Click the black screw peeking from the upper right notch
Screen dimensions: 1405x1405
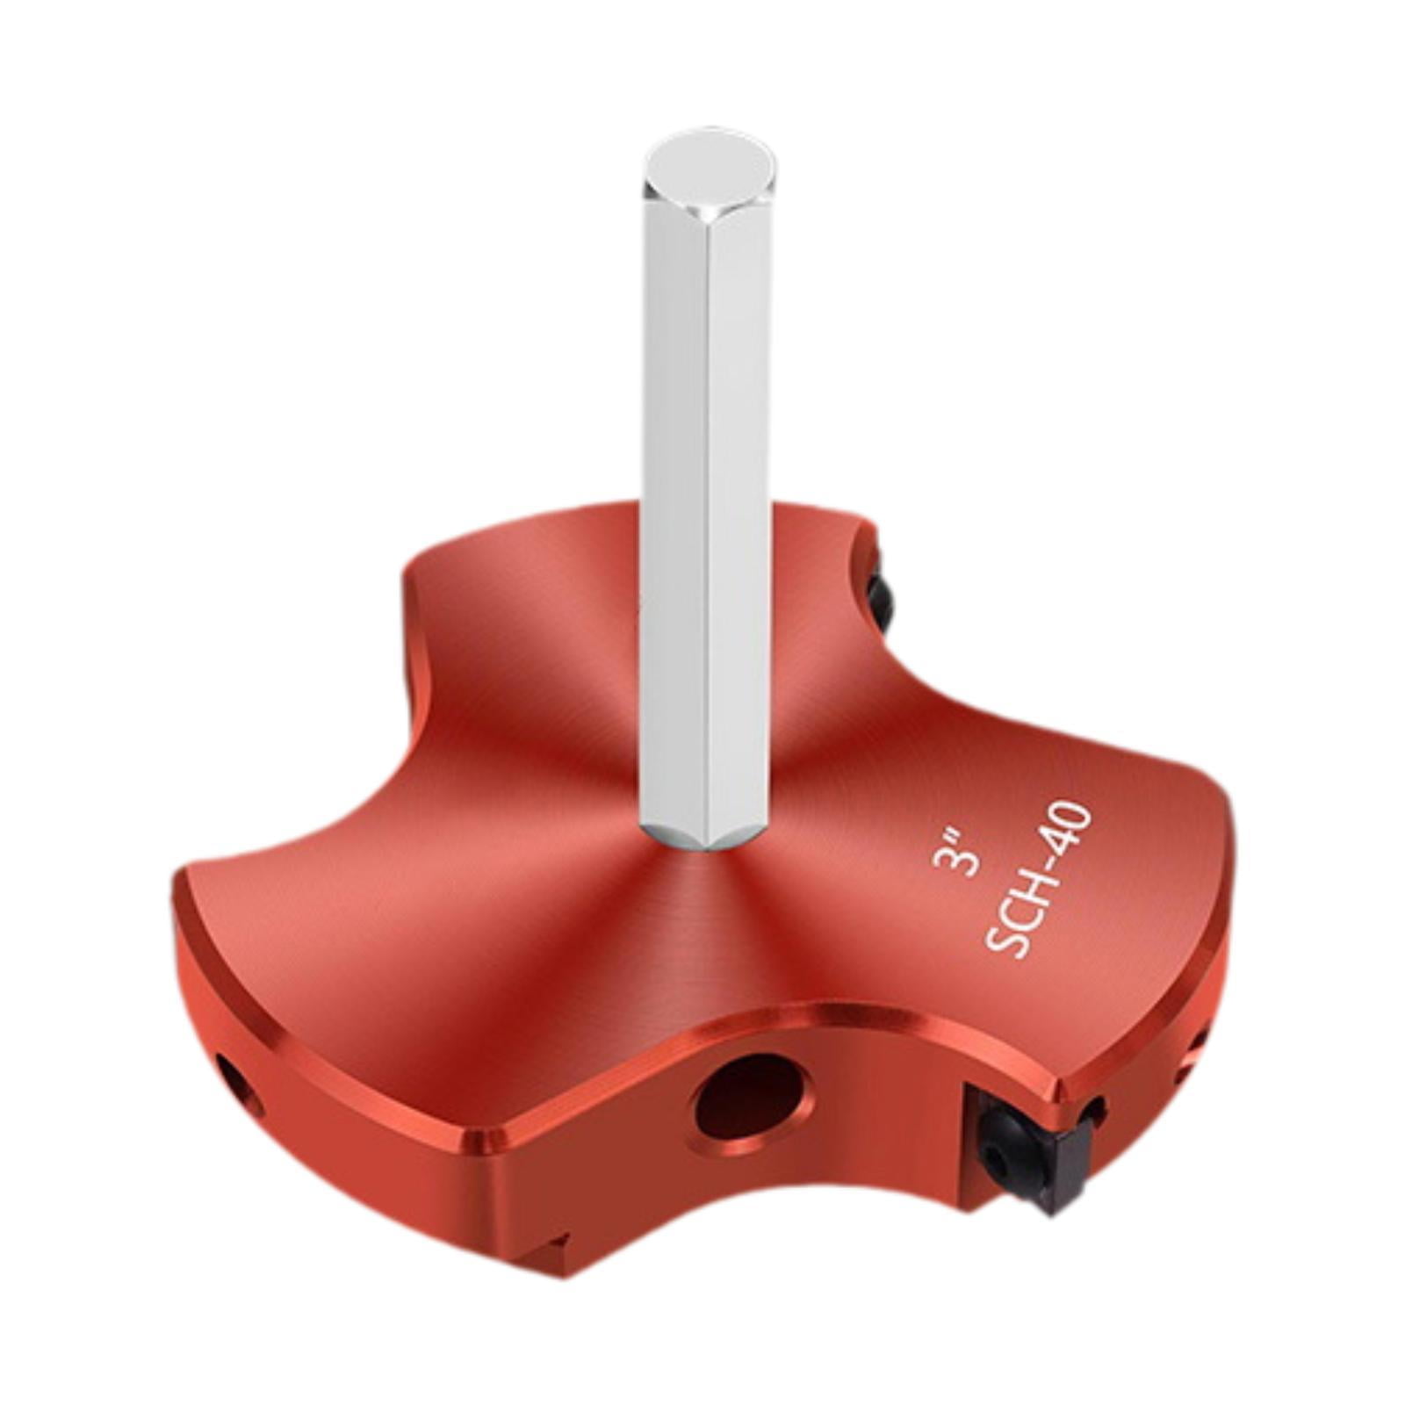(x=881, y=598)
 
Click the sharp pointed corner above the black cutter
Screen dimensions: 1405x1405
(x=1063, y=1086)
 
